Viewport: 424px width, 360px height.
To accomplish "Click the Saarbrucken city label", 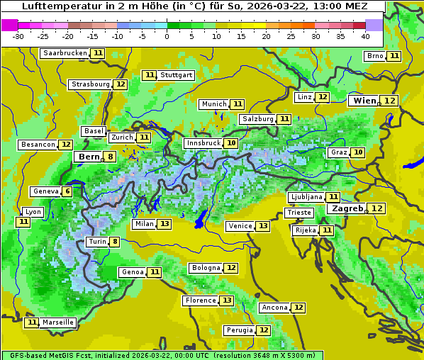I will coord(65,53).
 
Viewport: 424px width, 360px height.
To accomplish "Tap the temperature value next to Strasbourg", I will coord(121,84).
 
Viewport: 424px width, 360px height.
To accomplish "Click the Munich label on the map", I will coord(213,104).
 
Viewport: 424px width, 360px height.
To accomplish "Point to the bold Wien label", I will coord(364,101).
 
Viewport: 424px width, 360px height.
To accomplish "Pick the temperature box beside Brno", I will coord(394,56).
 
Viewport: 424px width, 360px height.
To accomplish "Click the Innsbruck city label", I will coord(203,143).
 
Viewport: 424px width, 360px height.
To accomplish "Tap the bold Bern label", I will coord(89,157).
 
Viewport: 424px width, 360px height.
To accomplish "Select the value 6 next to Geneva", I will coord(67,191).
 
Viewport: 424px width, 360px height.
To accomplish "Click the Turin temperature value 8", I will coord(115,242).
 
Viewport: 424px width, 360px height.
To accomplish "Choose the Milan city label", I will coord(144,224).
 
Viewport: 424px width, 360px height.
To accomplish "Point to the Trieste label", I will coord(298,213).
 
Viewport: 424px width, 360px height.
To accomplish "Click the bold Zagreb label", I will coord(347,208).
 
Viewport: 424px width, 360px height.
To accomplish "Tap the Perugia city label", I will coord(239,330).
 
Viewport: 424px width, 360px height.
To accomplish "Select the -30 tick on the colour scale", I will coord(18,36).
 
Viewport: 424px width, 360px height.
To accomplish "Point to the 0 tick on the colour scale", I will coord(167,36).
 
